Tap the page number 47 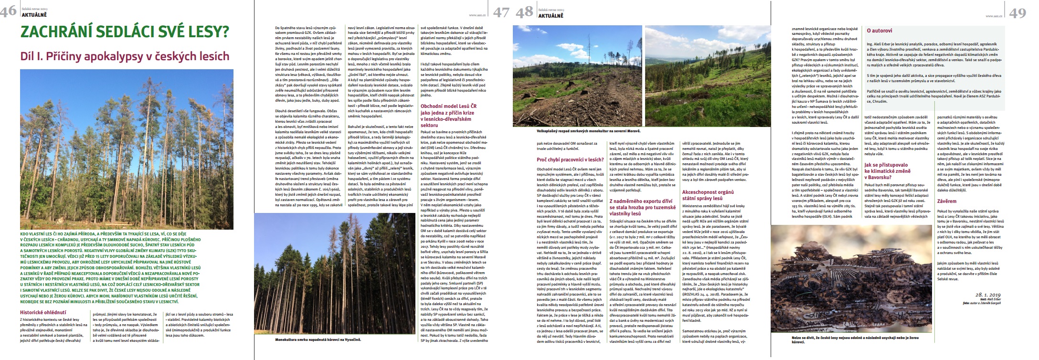[x=501, y=11]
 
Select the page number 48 [x=525, y=11]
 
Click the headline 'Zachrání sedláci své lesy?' [x=124, y=32]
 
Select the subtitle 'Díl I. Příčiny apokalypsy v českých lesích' [x=125, y=56]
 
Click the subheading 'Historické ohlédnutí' [x=43, y=312]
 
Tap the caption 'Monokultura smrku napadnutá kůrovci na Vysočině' [x=318, y=339]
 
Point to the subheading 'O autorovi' [x=880, y=31]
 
